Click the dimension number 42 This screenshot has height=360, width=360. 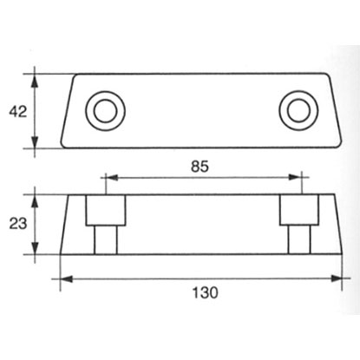pyautogui.click(x=17, y=112)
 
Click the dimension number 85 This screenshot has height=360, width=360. pyautogui.click(x=200, y=167)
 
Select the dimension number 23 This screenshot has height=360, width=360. pyautogui.click(x=18, y=224)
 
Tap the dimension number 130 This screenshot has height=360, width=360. pyautogui.click(x=205, y=292)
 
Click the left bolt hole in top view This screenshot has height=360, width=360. pyautogui.click(x=105, y=111)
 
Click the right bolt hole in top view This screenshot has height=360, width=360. pyautogui.click(x=298, y=111)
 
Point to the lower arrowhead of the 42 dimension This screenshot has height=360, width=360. pyautogui.click(x=35, y=141)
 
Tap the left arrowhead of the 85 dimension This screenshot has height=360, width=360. pyautogui.click(x=112, y=177)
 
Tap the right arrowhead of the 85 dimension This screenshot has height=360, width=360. pyautogui.click(x=295, y=177)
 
